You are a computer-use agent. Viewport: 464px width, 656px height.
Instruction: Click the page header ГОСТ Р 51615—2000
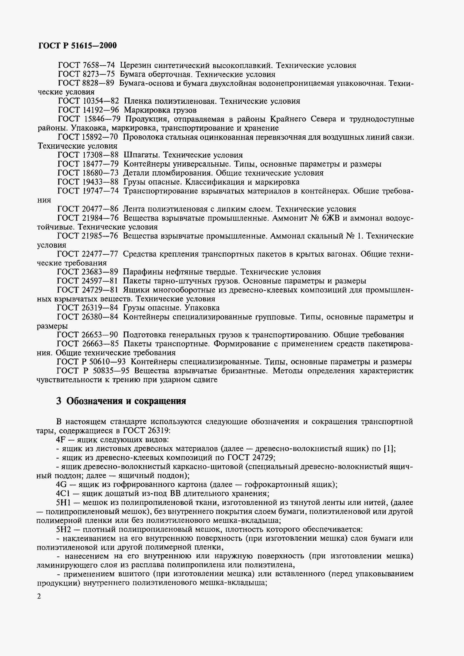coord(77,45)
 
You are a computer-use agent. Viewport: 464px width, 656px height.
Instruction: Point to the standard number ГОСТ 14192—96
coord(88,110)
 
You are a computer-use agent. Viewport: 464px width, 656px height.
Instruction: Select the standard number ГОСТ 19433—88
coord(88,182)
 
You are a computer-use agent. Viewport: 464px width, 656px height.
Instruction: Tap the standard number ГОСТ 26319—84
coord(88,308)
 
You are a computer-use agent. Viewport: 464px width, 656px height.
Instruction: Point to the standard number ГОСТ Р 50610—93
coord(91,362)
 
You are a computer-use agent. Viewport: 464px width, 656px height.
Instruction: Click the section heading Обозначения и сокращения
coord(126,401)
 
